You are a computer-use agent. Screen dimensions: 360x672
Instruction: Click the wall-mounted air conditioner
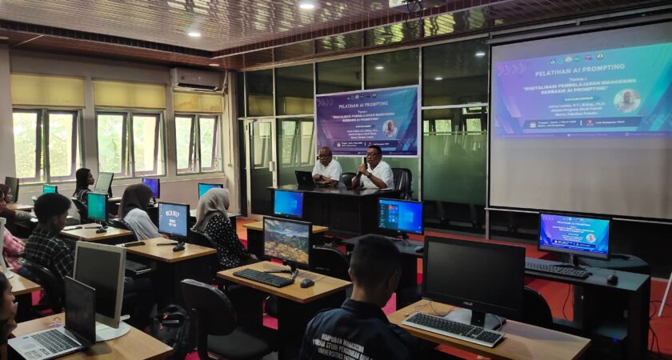point(196,78)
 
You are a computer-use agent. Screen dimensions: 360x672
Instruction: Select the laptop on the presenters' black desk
point(305,179)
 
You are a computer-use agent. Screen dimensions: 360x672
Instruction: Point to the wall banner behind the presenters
point(367,121)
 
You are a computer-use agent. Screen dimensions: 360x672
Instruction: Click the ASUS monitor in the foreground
point(473,280)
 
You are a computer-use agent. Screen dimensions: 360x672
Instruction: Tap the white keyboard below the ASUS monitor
point(454,328)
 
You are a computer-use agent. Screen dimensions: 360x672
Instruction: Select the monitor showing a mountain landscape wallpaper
point(287,241)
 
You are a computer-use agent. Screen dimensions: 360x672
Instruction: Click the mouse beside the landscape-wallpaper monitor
point(306,283)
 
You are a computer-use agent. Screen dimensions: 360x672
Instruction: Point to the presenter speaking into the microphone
point(374,168)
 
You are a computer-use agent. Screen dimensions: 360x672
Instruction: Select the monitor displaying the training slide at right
point(574,235)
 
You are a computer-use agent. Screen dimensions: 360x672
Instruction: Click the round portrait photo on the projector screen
point(627,101)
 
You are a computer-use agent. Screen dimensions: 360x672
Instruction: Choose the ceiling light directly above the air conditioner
point(194,34)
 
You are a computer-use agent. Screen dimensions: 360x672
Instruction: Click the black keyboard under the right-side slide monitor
point(557,269)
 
